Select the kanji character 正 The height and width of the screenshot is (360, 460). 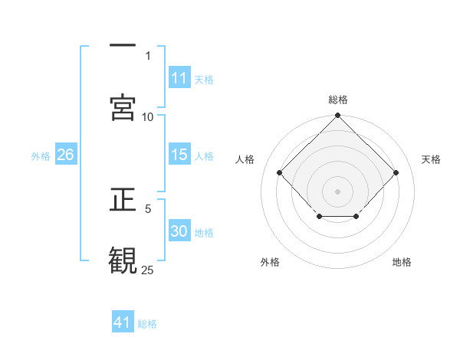pos(123,201)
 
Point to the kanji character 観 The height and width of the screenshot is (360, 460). pos(123,258)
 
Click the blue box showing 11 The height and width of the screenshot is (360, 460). pos(179,78)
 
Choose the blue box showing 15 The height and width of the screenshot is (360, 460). pos(179,155)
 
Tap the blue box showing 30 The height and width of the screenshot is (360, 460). pos(179,231)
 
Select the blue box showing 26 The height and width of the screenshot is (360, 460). pos(65,155)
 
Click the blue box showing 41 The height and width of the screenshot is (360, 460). pos(123,322)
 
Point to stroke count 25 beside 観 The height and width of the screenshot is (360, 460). pos(147,270)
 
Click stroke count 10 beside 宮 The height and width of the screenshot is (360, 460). pos(147,116)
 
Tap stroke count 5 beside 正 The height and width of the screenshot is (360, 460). pos(148,208)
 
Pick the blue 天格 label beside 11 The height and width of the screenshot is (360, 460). pos(204,79)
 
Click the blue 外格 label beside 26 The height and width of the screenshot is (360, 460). pos(41,155)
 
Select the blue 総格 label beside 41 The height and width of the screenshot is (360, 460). pos(147,323)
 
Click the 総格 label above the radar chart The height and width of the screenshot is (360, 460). pos(338,100)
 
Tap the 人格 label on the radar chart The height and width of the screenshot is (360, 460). pos(245,159)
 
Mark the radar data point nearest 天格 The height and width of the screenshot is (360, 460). pos(396,172)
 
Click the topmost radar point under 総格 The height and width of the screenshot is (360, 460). pos(337,116)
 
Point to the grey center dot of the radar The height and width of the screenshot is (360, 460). pos(337,191)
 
